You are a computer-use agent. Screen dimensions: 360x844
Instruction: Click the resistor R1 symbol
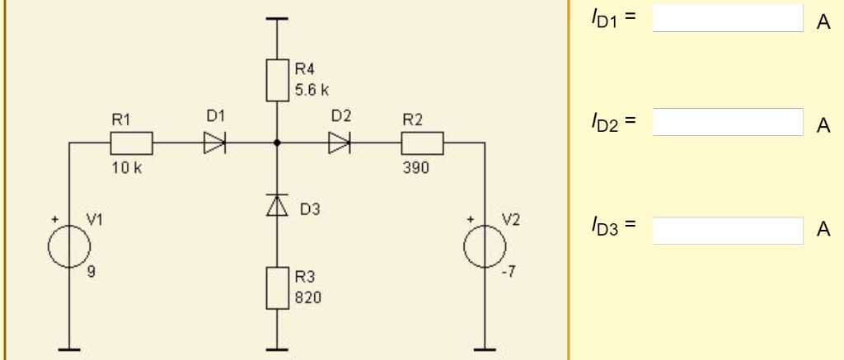coord(131,143)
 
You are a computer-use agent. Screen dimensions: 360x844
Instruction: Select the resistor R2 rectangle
coord(422,143)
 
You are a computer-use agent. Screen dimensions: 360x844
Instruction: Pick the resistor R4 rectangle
coord(277,78)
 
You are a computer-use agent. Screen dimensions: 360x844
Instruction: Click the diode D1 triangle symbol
coord(214,143)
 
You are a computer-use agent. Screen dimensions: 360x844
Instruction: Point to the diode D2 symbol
coord(339,143)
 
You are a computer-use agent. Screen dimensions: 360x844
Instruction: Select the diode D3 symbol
coord(277,205)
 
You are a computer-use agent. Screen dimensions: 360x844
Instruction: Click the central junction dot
coord(277,143)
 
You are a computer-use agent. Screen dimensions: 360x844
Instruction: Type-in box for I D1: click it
coord(728,18)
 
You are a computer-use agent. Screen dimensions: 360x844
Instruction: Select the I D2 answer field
coord(728,122)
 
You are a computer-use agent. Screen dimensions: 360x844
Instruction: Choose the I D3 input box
coord(728,231)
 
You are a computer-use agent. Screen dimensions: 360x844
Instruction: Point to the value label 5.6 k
coord(312,89)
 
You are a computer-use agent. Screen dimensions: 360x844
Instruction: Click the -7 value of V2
coord(509,274)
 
